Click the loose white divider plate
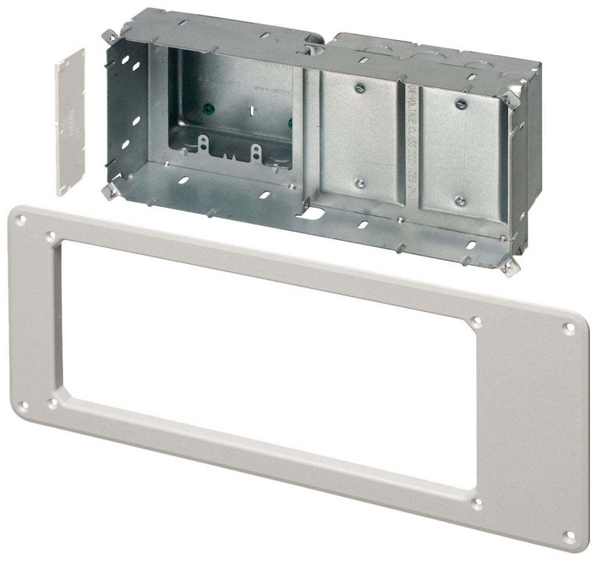pos(70,122)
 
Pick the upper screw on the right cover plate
pos(461,104)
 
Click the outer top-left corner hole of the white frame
pos(22,220)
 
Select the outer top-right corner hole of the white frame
pos(570,327)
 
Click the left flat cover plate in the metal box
pos(360,137)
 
